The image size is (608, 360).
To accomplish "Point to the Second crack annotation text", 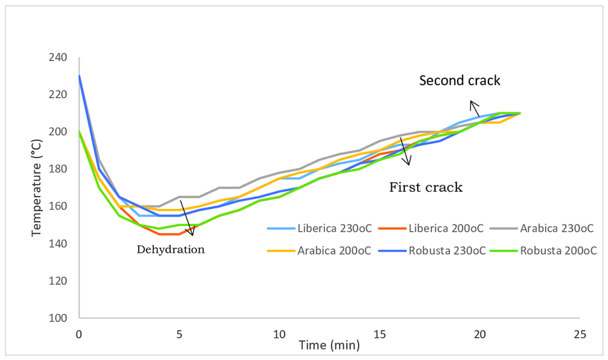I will tap(459, 80).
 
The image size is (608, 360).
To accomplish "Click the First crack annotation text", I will tap(426, 188).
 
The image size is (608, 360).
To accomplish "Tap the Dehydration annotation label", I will tap(171, 250).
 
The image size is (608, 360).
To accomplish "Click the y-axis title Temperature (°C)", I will tap(36, 188).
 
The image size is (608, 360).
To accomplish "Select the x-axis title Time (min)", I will tap(328, 346).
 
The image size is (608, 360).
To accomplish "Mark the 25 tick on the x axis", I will tap(579, 334).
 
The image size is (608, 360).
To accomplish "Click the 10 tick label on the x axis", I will tap(279, 334).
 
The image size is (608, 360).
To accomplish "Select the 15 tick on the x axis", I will tap(379, 334).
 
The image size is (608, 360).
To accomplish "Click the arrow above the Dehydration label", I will tap(187, 218).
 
